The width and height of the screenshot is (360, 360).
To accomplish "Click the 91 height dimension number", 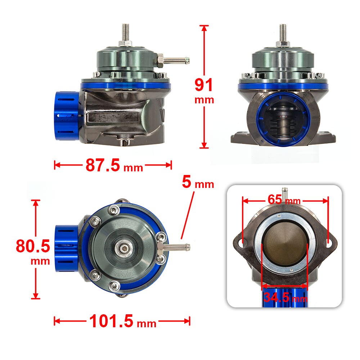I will tap(204, 85).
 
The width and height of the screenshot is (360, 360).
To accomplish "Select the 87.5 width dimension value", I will tap(103, 165).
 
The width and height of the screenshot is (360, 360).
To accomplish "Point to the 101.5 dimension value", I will tap(111, 321).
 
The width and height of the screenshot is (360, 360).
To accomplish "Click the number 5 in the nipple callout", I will tap(186, 182).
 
